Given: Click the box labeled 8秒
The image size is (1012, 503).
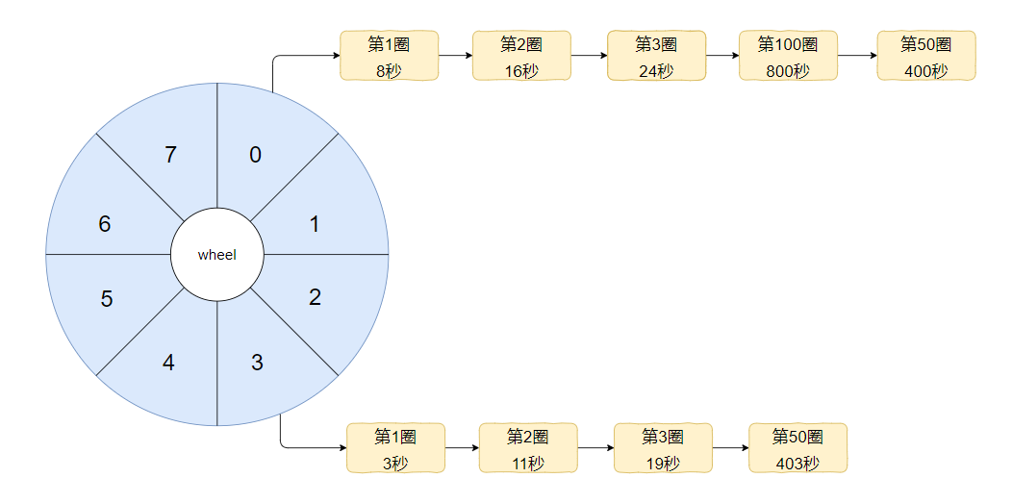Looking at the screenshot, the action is click(390, 56).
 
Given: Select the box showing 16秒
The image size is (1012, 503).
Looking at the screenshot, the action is click(521, 56).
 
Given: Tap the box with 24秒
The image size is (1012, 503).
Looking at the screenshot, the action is click(656, 56).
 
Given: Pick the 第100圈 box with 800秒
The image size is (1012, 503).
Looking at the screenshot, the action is click(788, 56).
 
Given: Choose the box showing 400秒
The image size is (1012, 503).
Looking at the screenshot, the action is click(926, 56).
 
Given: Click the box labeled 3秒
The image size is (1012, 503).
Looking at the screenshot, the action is click(395, 447).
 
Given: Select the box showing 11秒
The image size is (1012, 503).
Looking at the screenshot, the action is click(528, 447).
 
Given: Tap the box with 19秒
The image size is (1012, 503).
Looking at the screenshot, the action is click(663, 447).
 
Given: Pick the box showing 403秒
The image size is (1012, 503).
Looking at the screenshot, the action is click(797, 447).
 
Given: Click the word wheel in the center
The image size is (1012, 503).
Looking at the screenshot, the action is click(216, 255).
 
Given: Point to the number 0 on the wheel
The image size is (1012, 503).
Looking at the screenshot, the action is click(256, 155).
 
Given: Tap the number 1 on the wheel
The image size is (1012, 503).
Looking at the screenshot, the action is click(315, 224).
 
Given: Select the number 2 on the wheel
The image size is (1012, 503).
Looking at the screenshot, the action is click(315, 297).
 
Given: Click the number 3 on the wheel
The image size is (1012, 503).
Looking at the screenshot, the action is click(257, 363).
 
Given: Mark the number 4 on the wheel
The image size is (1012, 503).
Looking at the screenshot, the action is click(168, 363).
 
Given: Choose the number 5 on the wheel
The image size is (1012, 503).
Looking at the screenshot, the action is click(107, 299).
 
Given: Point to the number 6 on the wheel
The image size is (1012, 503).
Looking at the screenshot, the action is click(105, 224).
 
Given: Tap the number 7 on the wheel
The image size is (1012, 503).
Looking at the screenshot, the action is click(170, 155).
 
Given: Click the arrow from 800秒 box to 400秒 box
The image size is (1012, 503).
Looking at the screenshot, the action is click(857, 56).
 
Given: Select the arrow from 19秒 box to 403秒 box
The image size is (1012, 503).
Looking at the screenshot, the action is click(730, 447).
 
